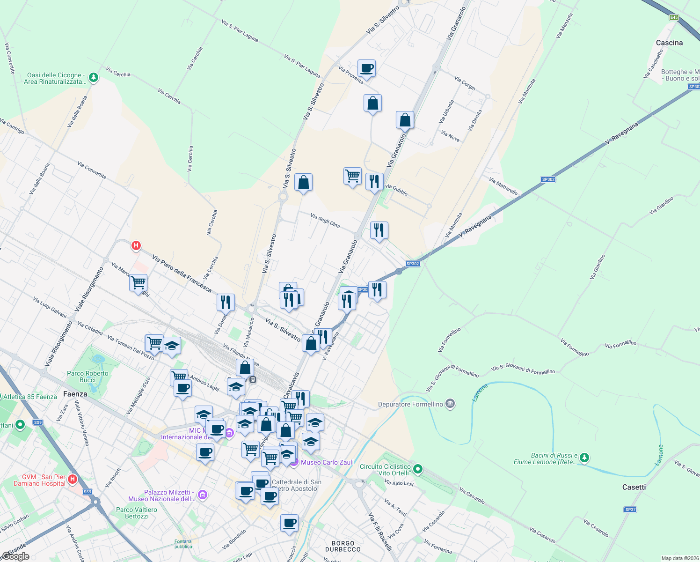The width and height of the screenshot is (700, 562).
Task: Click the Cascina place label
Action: [669, 43]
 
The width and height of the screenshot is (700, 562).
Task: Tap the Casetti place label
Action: [634, 487]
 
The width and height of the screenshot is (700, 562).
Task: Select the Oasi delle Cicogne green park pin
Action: [94, 77]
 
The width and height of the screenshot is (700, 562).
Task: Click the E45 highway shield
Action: [673, 17]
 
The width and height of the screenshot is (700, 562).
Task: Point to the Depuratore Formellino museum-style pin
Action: [450, 404]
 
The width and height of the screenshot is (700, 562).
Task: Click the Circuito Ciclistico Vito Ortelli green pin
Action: [418, 469]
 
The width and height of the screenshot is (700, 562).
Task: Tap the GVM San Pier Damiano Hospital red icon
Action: [73, 479]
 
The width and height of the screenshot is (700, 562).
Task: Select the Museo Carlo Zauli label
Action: [327, 462]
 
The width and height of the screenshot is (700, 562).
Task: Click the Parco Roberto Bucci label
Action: [87, 377]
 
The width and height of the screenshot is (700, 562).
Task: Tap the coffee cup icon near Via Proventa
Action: [367, 68]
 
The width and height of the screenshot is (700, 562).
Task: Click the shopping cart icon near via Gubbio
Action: [352, 177]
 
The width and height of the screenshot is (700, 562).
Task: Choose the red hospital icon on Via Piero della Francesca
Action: [136, 245]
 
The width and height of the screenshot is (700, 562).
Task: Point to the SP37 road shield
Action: [630, 510]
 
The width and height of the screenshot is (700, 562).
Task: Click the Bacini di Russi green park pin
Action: [584, 458]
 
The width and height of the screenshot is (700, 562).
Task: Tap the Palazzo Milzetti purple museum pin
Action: [202, 495]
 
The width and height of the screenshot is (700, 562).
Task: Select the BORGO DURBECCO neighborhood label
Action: [343, 546]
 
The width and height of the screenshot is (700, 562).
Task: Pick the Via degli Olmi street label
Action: [325, 220]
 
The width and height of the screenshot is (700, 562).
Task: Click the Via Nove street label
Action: [450, 136]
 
